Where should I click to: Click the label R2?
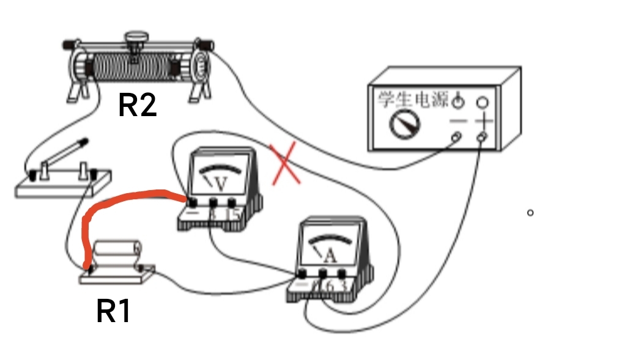pyautogui.click(x=137, y=105)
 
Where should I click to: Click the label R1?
pyautogui.click(x=114, y=311)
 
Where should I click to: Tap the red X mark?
pyautogui.click(x=285, y=163)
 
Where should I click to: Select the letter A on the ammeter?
pyautogui.click(x=330, y=256)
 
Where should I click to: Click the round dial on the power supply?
pyautogui.click(x=404, y=123)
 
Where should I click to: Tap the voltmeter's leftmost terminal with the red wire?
pyautogui.click(x=191, y=203)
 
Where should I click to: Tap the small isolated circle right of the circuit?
pyautogui.click(x=530, y=213)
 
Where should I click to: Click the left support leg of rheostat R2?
pyautogui.click(x=74, y=91)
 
